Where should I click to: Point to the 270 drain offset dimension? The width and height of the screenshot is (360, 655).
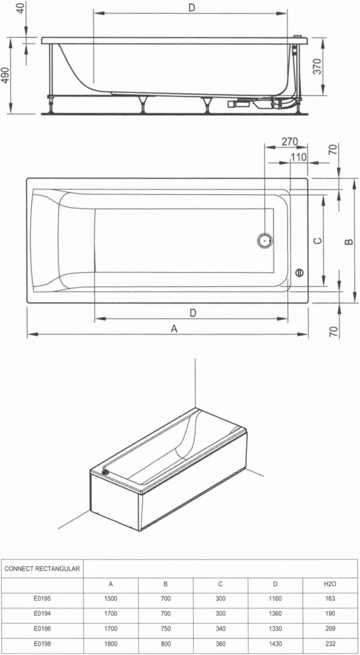pyautogui.click(x=290, y=142)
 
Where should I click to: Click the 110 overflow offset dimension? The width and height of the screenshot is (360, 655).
pyautogui.click(x=298, y=157)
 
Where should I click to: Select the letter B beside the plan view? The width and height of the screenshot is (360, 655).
pyautogui.click(x=348, y=241)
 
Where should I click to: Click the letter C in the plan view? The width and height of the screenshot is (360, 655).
pyautogui.click(x=317, y=241)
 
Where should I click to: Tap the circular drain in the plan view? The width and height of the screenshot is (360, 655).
pyautogui.click(x=265, y=241)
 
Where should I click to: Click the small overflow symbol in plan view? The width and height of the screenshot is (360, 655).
pyautogui.click(x=299, y=273)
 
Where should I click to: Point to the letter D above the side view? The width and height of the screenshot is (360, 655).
pyautogui.click(x=192, y=7)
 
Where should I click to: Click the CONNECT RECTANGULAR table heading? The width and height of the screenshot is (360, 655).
pyautogui.click(x=42, y=568)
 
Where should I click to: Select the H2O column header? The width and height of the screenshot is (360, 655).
pyautogui.click(x=330, y=584)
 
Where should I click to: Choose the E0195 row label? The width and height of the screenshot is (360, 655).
pyautogui.click(x=43, y=599)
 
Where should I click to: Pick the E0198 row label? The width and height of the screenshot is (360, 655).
pyautogui.click(x=43, y=643)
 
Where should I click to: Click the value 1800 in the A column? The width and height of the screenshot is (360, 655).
pyautogui.click(x=111, y=643)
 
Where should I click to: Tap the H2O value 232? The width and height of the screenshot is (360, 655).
pyautogui.click(x=330, y=643)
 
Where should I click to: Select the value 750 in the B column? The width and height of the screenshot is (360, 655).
pyautogui.click(x=165, y=629)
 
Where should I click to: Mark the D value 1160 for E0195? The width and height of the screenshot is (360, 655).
pyautogui.click(x=275, y=599)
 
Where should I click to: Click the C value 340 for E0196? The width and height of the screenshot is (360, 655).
pyautogui.click(x=221, y=629)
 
